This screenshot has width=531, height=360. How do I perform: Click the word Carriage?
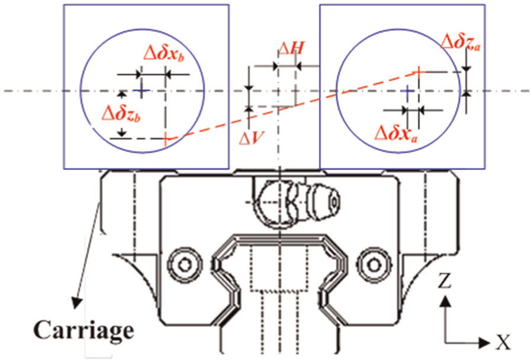(x=83, y=331)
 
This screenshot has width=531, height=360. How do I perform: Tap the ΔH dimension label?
(x=291, y=49)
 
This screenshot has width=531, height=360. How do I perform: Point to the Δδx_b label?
(x=164, y=54)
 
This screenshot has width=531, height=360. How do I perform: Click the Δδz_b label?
(x=121, y=114)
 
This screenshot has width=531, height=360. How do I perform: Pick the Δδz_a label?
(x=460, y=43)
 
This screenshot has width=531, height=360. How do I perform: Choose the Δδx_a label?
(x=396, y=134)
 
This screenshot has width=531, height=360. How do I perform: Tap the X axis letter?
(x=503, y=342)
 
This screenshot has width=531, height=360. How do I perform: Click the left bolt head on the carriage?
(x=185, y=265)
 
